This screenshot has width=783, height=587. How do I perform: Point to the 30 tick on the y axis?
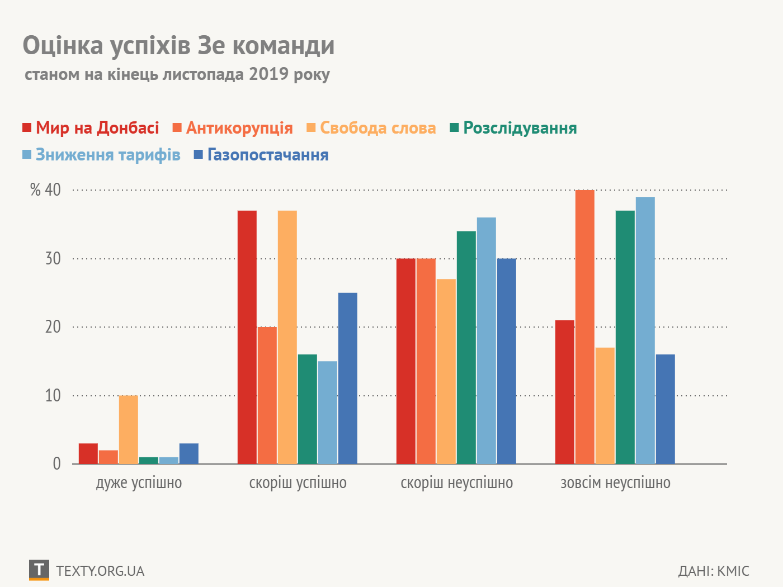point(53,259)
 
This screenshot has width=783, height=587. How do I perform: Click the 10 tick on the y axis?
point(53,396)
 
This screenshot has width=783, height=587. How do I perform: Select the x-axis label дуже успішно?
point(139,483)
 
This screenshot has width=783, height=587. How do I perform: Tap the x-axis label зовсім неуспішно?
point(615,483)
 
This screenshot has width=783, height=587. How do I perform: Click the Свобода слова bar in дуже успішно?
point(129,429)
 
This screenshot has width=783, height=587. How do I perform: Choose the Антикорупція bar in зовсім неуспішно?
point(585,327)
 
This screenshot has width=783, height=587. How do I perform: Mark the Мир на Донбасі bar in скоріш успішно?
point(247,337)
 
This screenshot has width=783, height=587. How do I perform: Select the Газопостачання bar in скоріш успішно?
point(348,378)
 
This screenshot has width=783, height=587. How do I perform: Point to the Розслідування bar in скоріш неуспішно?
point(466,347)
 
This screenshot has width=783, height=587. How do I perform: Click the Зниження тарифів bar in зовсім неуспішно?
point(645,330)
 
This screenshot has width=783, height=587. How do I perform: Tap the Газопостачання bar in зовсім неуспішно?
point(666,409)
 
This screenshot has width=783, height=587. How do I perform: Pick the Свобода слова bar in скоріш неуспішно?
point(446,371)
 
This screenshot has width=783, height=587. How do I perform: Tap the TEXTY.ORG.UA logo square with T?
point(39,570)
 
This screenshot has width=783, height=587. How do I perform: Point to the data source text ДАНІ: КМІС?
point(714,571)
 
